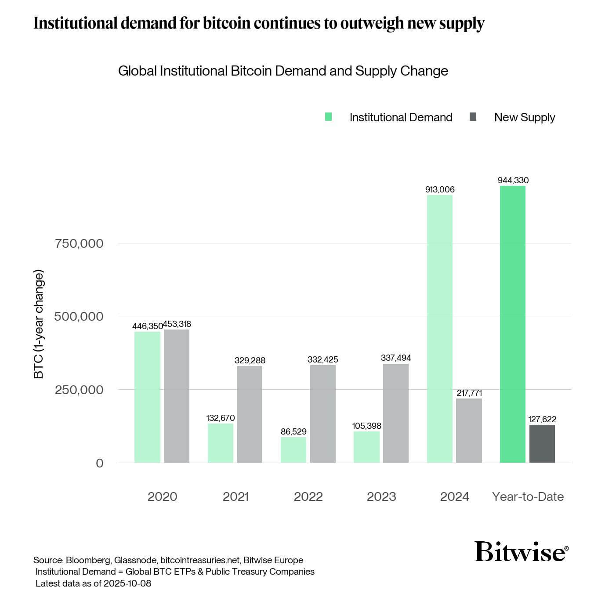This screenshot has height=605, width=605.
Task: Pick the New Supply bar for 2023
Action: [395, 413]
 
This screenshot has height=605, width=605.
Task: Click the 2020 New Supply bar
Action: [177, 396]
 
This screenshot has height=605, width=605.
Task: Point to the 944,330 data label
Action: [513, 180]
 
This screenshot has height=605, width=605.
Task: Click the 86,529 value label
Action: [293, 431]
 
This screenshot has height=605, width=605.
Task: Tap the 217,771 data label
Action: [469, 393]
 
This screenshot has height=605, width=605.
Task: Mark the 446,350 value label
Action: [147, 326]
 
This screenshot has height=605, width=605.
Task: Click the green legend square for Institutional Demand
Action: [328, 117]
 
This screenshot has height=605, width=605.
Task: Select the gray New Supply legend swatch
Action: [473, 117]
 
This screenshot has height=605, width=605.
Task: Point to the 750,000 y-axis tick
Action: [79, 243]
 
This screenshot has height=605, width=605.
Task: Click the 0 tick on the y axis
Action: [100, 463]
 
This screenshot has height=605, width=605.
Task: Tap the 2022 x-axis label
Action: [308, 496]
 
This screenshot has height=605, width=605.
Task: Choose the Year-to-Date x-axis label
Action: [528, 496]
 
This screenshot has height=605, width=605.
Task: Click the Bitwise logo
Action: [521, 551]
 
